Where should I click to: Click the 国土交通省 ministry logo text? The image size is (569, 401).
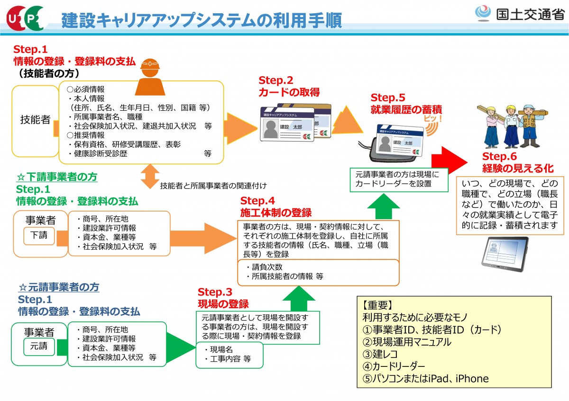530,14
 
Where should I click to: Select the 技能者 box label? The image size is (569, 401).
35,120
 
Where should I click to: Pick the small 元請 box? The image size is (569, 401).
39,346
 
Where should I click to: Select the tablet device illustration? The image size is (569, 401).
505,253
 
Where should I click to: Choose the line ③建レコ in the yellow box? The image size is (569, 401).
380,354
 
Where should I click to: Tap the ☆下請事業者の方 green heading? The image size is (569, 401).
57,177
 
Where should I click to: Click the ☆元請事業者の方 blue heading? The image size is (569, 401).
58,287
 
